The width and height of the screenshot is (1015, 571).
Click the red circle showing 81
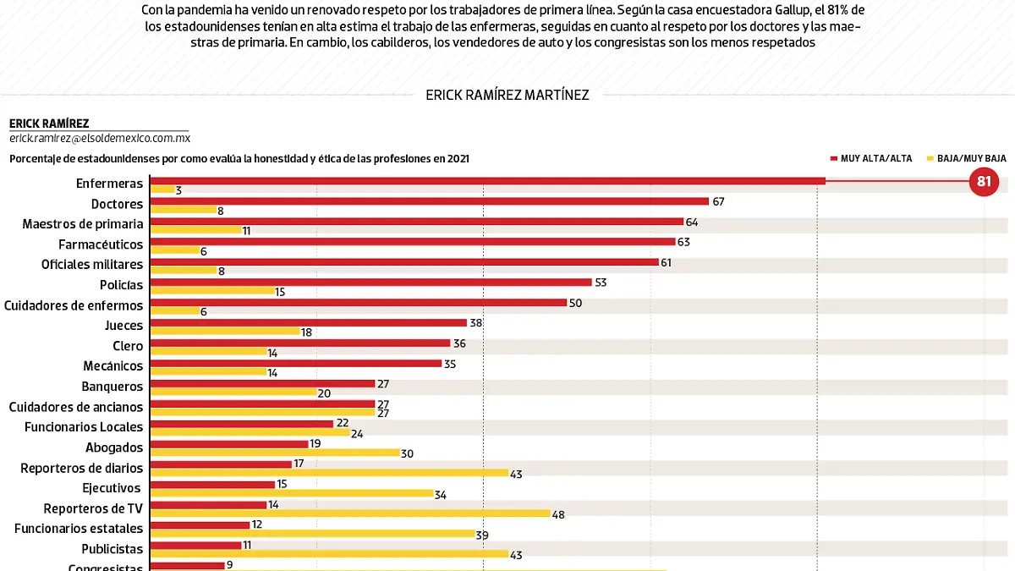(984, 181)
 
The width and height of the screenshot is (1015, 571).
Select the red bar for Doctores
(429, 200)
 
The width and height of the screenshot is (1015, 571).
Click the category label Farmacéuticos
(101, 244)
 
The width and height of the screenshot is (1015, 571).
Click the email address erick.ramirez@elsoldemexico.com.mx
(100, 138)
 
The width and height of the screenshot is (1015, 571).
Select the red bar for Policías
(370, 282)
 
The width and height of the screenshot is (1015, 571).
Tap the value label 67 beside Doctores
(719, 201)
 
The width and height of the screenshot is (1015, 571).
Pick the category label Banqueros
(112, 387)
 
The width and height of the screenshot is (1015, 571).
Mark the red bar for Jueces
(308, 322)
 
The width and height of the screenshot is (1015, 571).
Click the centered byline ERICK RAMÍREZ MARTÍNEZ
(507, 95)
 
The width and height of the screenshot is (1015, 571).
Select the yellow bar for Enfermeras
(162, 189)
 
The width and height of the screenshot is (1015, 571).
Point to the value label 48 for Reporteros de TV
(558, 514)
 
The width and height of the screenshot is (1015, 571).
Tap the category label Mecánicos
(113, 366)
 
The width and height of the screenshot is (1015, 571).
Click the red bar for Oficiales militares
(403, 261)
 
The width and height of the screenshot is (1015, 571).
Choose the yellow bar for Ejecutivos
(291, 493)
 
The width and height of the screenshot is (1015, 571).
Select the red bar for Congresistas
(187, 565)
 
